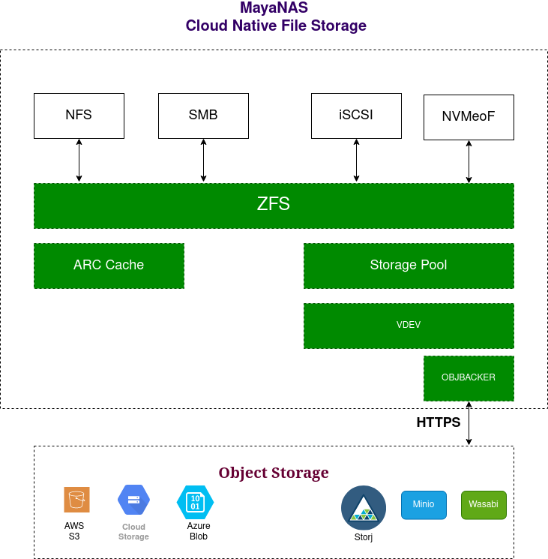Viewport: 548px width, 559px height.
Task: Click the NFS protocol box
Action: coord(79,116)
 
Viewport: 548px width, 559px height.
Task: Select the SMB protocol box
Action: coord(203,116)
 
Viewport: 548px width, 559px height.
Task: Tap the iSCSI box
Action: coord(356,116)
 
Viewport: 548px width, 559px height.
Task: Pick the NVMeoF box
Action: coord(469,117)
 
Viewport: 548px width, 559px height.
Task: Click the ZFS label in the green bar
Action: coord(274,204)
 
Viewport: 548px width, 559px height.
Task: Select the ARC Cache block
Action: coord(109,265)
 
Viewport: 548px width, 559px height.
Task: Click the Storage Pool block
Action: coord(409,265)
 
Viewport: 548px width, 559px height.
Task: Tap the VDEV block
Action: coord(409,326)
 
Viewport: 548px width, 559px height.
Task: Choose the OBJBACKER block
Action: coord(469,377)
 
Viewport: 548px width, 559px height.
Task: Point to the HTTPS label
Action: coord(439,422)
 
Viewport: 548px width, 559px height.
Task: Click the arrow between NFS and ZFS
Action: coord(79,161)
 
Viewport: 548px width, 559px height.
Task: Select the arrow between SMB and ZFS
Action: coord(203,161)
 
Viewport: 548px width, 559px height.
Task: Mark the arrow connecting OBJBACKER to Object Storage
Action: coord(469,423)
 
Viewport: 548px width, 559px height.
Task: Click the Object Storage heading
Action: coord(274,473)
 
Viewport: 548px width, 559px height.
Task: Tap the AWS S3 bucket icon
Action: coord(76,500)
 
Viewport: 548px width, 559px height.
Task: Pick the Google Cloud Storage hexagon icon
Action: coord(133,500)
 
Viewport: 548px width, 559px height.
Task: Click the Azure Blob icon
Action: coord(195,501)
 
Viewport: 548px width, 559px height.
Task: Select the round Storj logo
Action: coord(364,508)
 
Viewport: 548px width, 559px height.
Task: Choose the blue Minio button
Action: coord(424,504)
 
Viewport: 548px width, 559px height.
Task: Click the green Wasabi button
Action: coord(484,504)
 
